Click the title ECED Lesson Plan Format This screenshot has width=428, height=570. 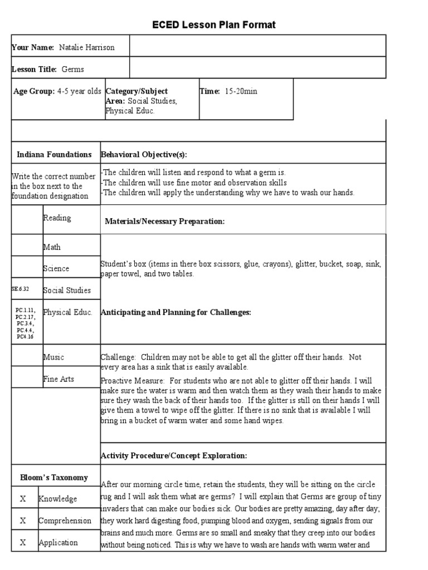pos(214,25)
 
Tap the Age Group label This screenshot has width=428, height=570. pos(33,91)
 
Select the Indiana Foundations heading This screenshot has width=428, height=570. pos(54,154)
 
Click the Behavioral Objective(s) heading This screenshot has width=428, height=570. pos(144,154)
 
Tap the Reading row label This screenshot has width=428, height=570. pos(57,218)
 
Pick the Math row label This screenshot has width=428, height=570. pos(52,247)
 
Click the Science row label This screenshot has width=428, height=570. pos(56,268)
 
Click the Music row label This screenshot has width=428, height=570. pos(53,357)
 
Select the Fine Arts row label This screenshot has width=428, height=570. pos(59,379)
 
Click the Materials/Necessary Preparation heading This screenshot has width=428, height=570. pos(164,222)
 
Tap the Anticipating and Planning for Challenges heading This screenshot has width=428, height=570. pos(176,312)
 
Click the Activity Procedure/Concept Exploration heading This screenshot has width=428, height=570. pos(174,455)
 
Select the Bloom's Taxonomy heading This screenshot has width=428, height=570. pos(54,478)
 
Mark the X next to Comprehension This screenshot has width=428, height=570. pos(23,520)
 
